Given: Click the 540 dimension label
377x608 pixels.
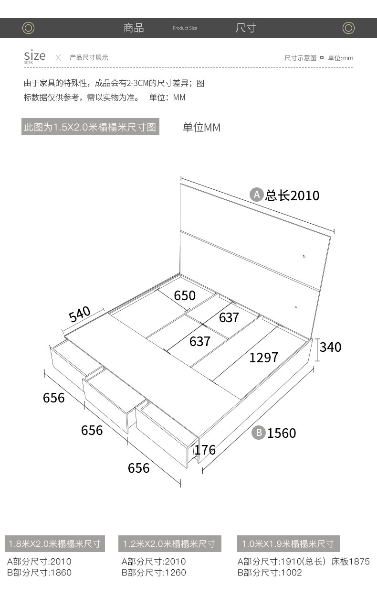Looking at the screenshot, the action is (79, 314).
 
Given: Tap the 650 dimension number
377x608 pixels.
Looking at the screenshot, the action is (185, 295).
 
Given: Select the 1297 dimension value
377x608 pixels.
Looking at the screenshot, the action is (263, 358).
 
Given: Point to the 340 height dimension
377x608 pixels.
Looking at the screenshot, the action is (330, 347).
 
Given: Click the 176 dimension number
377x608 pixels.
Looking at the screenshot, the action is (205, 450).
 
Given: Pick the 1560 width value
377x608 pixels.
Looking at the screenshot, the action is (282, 433).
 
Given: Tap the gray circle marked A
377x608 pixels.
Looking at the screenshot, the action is (256, 195).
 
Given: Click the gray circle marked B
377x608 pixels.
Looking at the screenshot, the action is (259, 433).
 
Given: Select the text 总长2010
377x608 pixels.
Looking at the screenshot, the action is (292, 195).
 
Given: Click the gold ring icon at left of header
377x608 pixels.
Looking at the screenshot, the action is (28, 28).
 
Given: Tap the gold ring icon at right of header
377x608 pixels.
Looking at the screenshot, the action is (348, 28).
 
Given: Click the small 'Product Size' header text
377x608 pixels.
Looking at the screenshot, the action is (185, 28).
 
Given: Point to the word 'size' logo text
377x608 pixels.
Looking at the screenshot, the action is (35, 55).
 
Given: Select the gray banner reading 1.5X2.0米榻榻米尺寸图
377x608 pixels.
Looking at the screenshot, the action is (90, 127).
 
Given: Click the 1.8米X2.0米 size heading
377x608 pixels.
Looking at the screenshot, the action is (55, 543).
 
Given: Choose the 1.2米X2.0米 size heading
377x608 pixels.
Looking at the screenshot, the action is (170, 543).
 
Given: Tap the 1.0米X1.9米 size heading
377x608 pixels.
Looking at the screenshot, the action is (288, 543).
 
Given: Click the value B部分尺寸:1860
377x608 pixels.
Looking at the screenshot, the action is (39, 573).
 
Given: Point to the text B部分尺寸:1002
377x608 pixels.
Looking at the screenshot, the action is (270, 573).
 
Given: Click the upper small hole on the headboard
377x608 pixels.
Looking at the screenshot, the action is (304, 257).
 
